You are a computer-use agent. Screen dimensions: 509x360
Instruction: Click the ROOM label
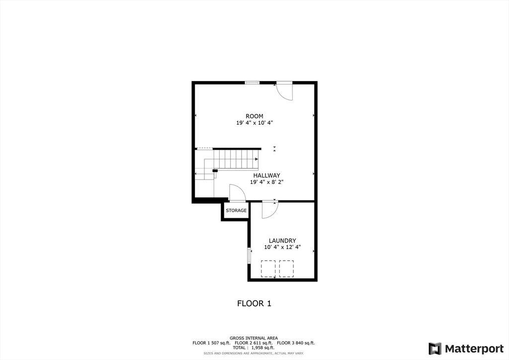point(254,116)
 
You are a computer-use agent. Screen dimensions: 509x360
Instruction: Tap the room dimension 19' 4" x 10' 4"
point(254,123)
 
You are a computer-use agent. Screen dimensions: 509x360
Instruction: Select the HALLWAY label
point(266,176)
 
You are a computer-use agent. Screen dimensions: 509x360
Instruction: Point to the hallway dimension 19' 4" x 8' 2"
point(266,182)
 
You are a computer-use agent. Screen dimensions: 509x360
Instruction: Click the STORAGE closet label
point(236,210)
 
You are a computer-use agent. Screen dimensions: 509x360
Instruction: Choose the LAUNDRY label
point(282,241)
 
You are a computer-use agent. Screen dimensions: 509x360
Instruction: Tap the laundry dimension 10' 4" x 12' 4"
point(282,247)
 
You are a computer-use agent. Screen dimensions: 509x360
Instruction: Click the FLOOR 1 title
point(254,303)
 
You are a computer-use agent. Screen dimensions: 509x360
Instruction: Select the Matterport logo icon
point(434,349)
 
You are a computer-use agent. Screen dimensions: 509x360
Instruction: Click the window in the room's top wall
point(252,83)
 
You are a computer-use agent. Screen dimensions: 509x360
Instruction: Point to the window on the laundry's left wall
point(249,256)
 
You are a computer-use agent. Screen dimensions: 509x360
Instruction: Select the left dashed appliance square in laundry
point(268,269)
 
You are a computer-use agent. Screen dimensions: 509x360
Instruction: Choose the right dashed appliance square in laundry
point(286,269)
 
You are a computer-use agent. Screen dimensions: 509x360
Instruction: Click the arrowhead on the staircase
point(256,159)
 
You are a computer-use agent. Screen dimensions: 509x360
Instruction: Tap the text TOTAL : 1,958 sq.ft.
point(254,348)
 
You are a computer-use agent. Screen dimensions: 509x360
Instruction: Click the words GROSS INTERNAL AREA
point(254,338)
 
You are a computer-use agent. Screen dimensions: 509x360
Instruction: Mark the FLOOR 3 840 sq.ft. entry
point(296,343)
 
